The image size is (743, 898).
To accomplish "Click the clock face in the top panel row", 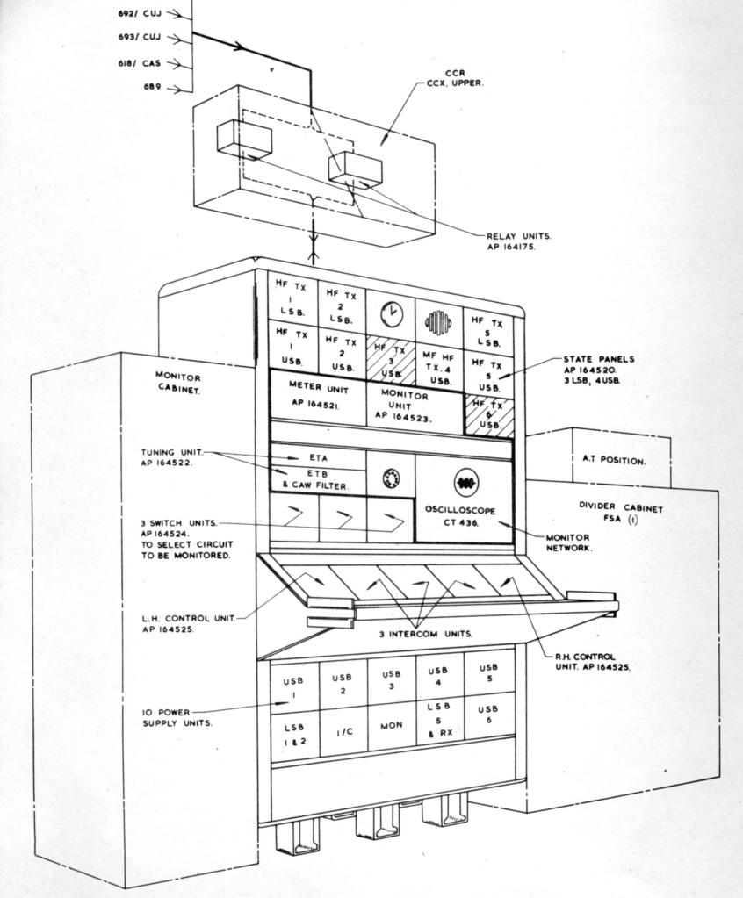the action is coord(392,314).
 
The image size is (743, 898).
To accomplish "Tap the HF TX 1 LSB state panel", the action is coord(292,299).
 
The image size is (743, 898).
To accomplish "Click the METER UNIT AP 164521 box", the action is coord(318,396).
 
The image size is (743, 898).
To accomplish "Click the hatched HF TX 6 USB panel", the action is coord(488,414).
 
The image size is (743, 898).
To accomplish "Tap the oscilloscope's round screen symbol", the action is coord(464,482).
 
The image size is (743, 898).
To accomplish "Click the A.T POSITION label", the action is coord(614,460).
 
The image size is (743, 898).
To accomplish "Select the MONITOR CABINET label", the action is coord(178,383).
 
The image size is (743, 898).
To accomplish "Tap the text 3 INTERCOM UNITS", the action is coord(426,634).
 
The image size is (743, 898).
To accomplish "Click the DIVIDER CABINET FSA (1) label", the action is coord(620,514).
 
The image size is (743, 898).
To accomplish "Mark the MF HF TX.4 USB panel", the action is coord(440,367).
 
